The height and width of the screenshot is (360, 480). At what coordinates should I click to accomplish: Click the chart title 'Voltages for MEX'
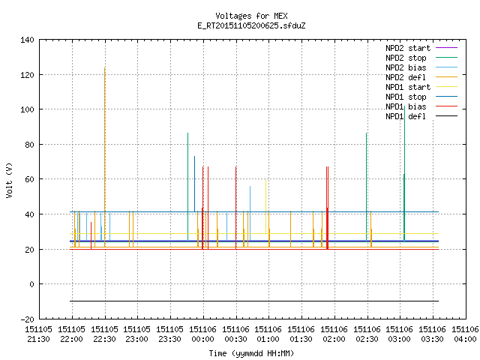[x=251, y=16]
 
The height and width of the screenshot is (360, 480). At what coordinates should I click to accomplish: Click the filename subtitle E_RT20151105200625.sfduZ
[x=251, y=25]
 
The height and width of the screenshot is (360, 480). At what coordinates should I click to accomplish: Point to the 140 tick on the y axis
[x=27, y=40]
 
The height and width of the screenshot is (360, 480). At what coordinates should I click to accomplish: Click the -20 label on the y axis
[x=27, y=319]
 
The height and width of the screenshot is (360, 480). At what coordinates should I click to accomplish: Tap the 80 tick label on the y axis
[x=30, y=145]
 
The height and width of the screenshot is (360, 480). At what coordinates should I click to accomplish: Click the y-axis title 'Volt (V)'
[x=9, y=180]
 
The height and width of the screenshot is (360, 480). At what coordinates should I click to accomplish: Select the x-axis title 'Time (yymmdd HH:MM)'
[x=251, y=353]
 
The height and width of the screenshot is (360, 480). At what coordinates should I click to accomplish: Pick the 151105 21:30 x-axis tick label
[x=38, y=334]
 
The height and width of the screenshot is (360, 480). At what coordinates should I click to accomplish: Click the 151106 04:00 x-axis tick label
[x=465, y=334]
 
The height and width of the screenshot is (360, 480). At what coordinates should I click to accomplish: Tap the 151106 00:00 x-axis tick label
[x=202, y=334]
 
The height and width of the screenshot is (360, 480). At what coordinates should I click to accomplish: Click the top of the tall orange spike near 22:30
[x=105, y=67]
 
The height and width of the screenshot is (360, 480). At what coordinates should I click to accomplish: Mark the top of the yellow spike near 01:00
[x=265, y=180]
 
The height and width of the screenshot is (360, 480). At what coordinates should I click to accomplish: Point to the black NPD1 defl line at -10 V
[x=254, y=301]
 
